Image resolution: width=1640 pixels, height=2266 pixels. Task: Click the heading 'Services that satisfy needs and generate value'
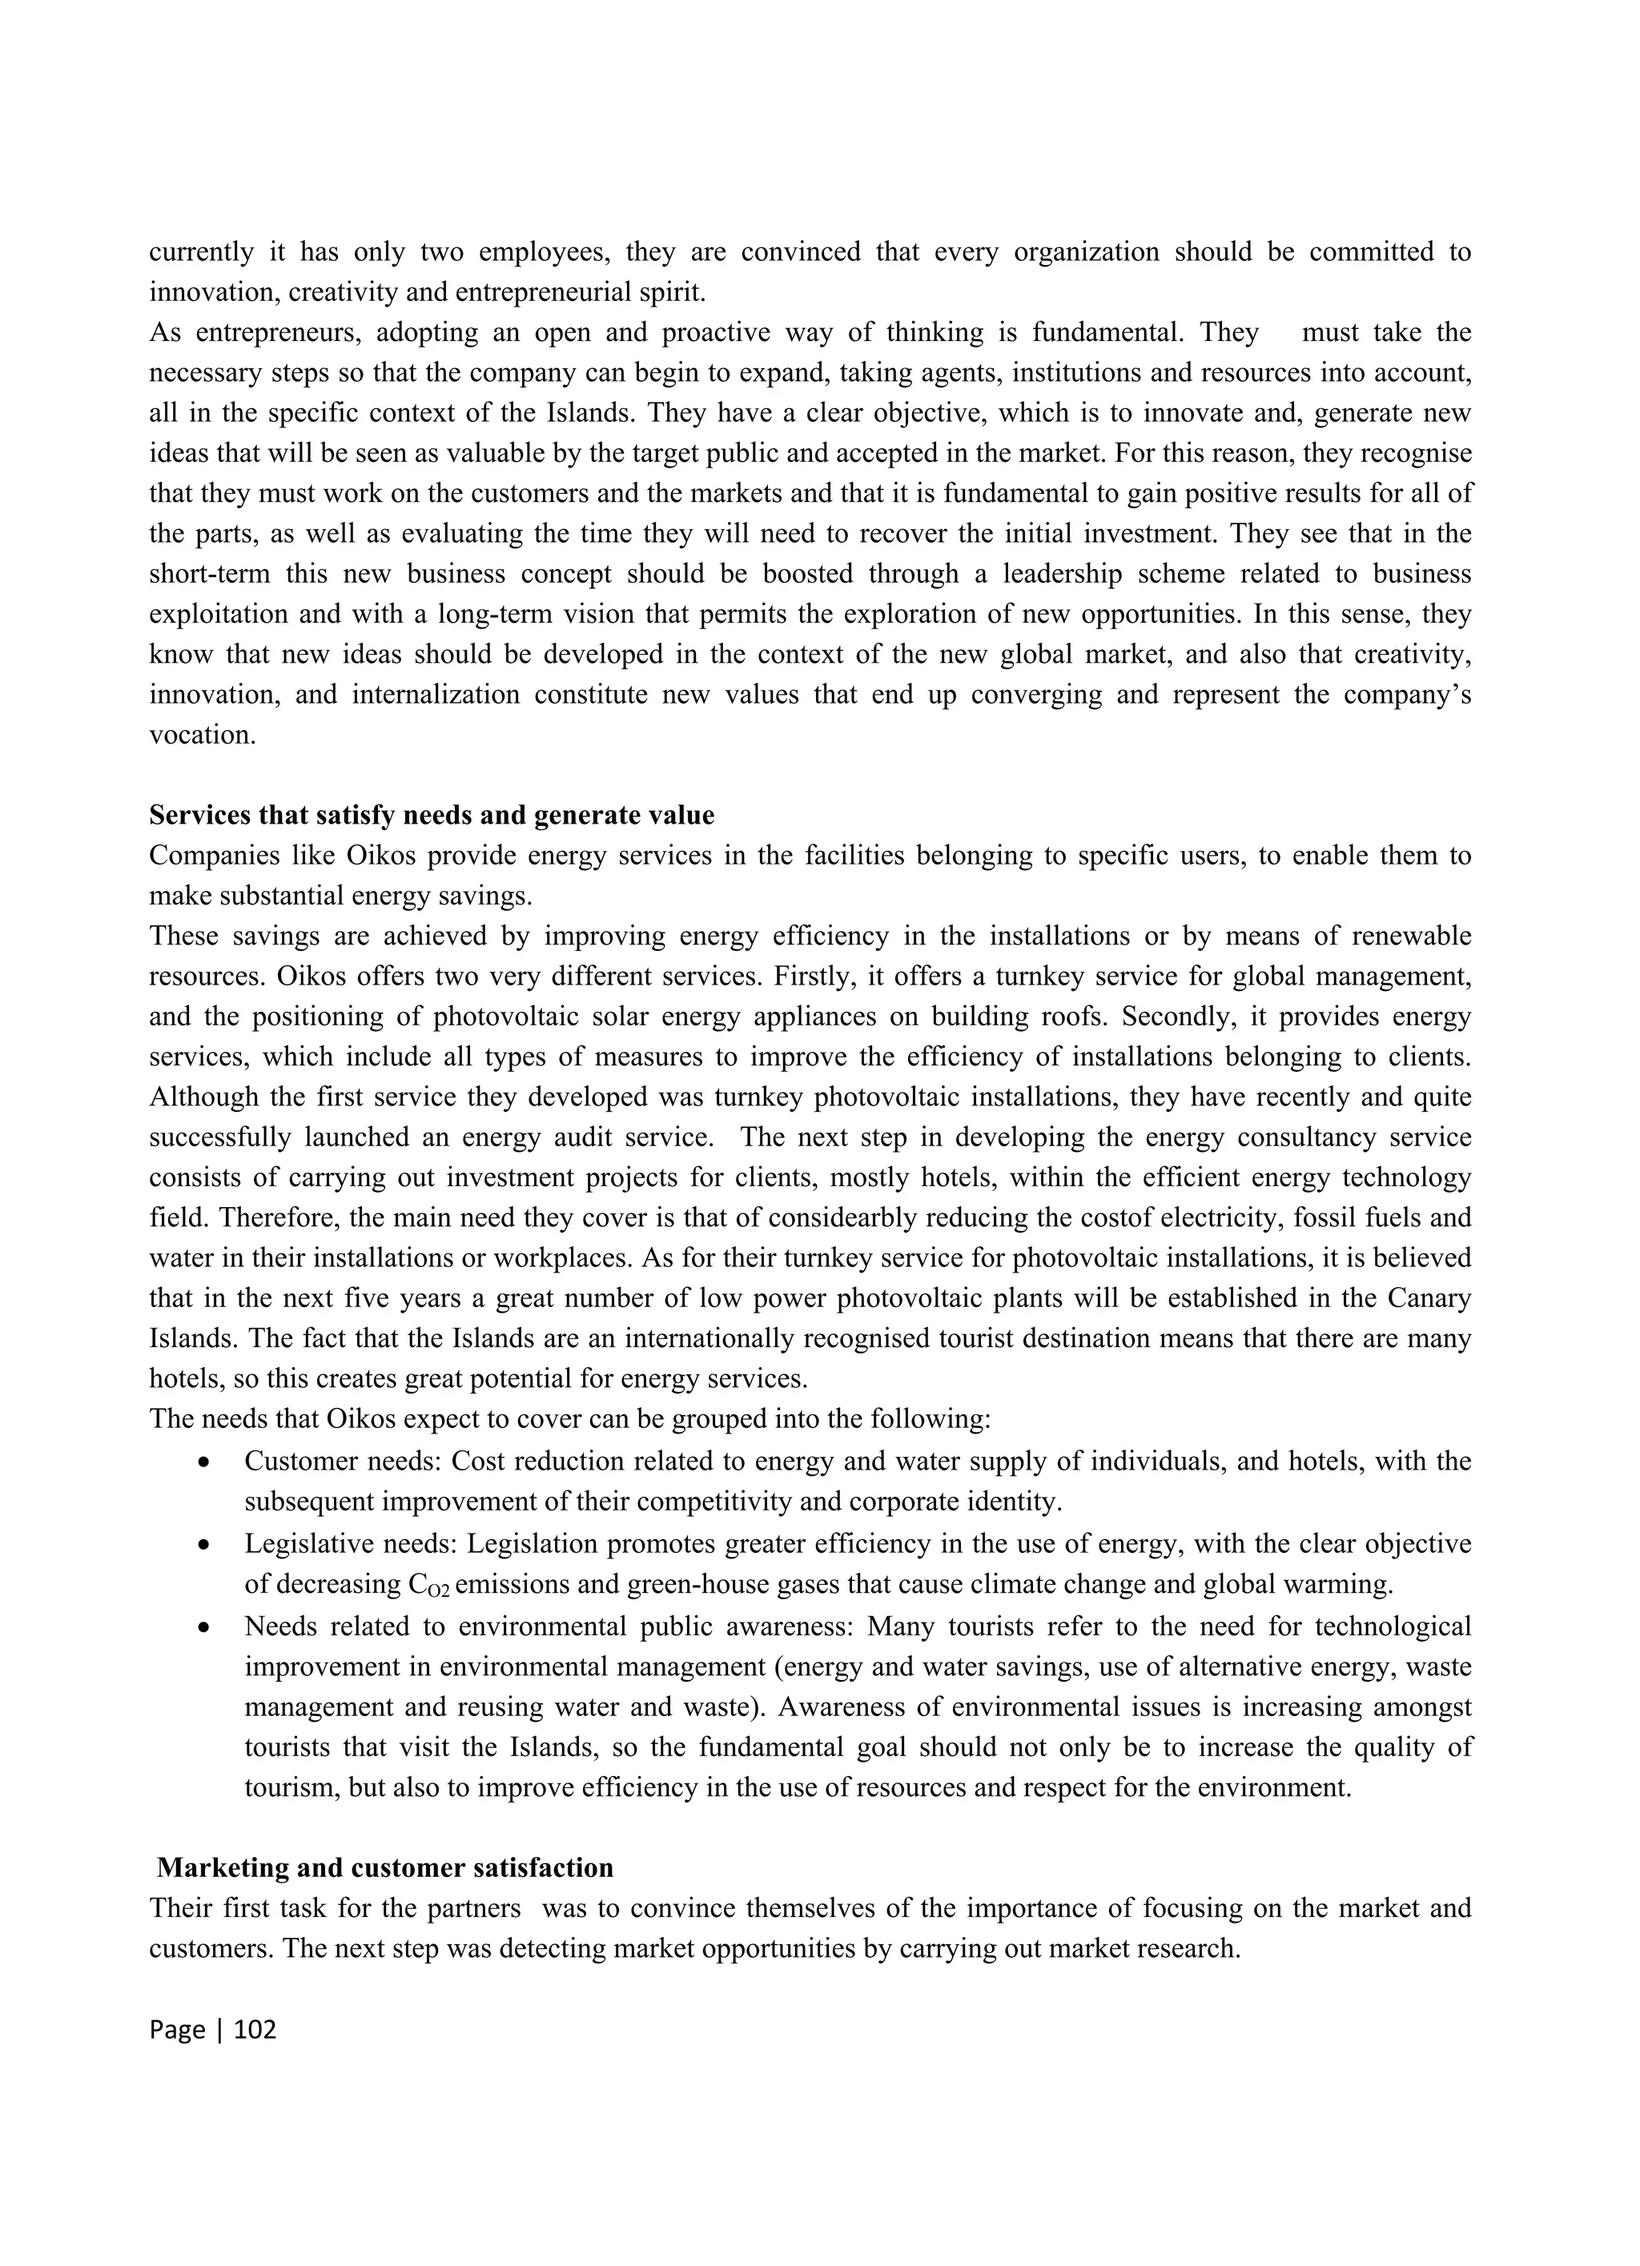pyautogui.click(x=431, y=816)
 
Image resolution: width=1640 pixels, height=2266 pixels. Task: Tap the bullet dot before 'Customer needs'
pyautogui.click(x=204, y=1462)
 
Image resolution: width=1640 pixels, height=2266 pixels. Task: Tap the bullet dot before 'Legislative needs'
pyautogui.click(x=204, y=1545)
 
